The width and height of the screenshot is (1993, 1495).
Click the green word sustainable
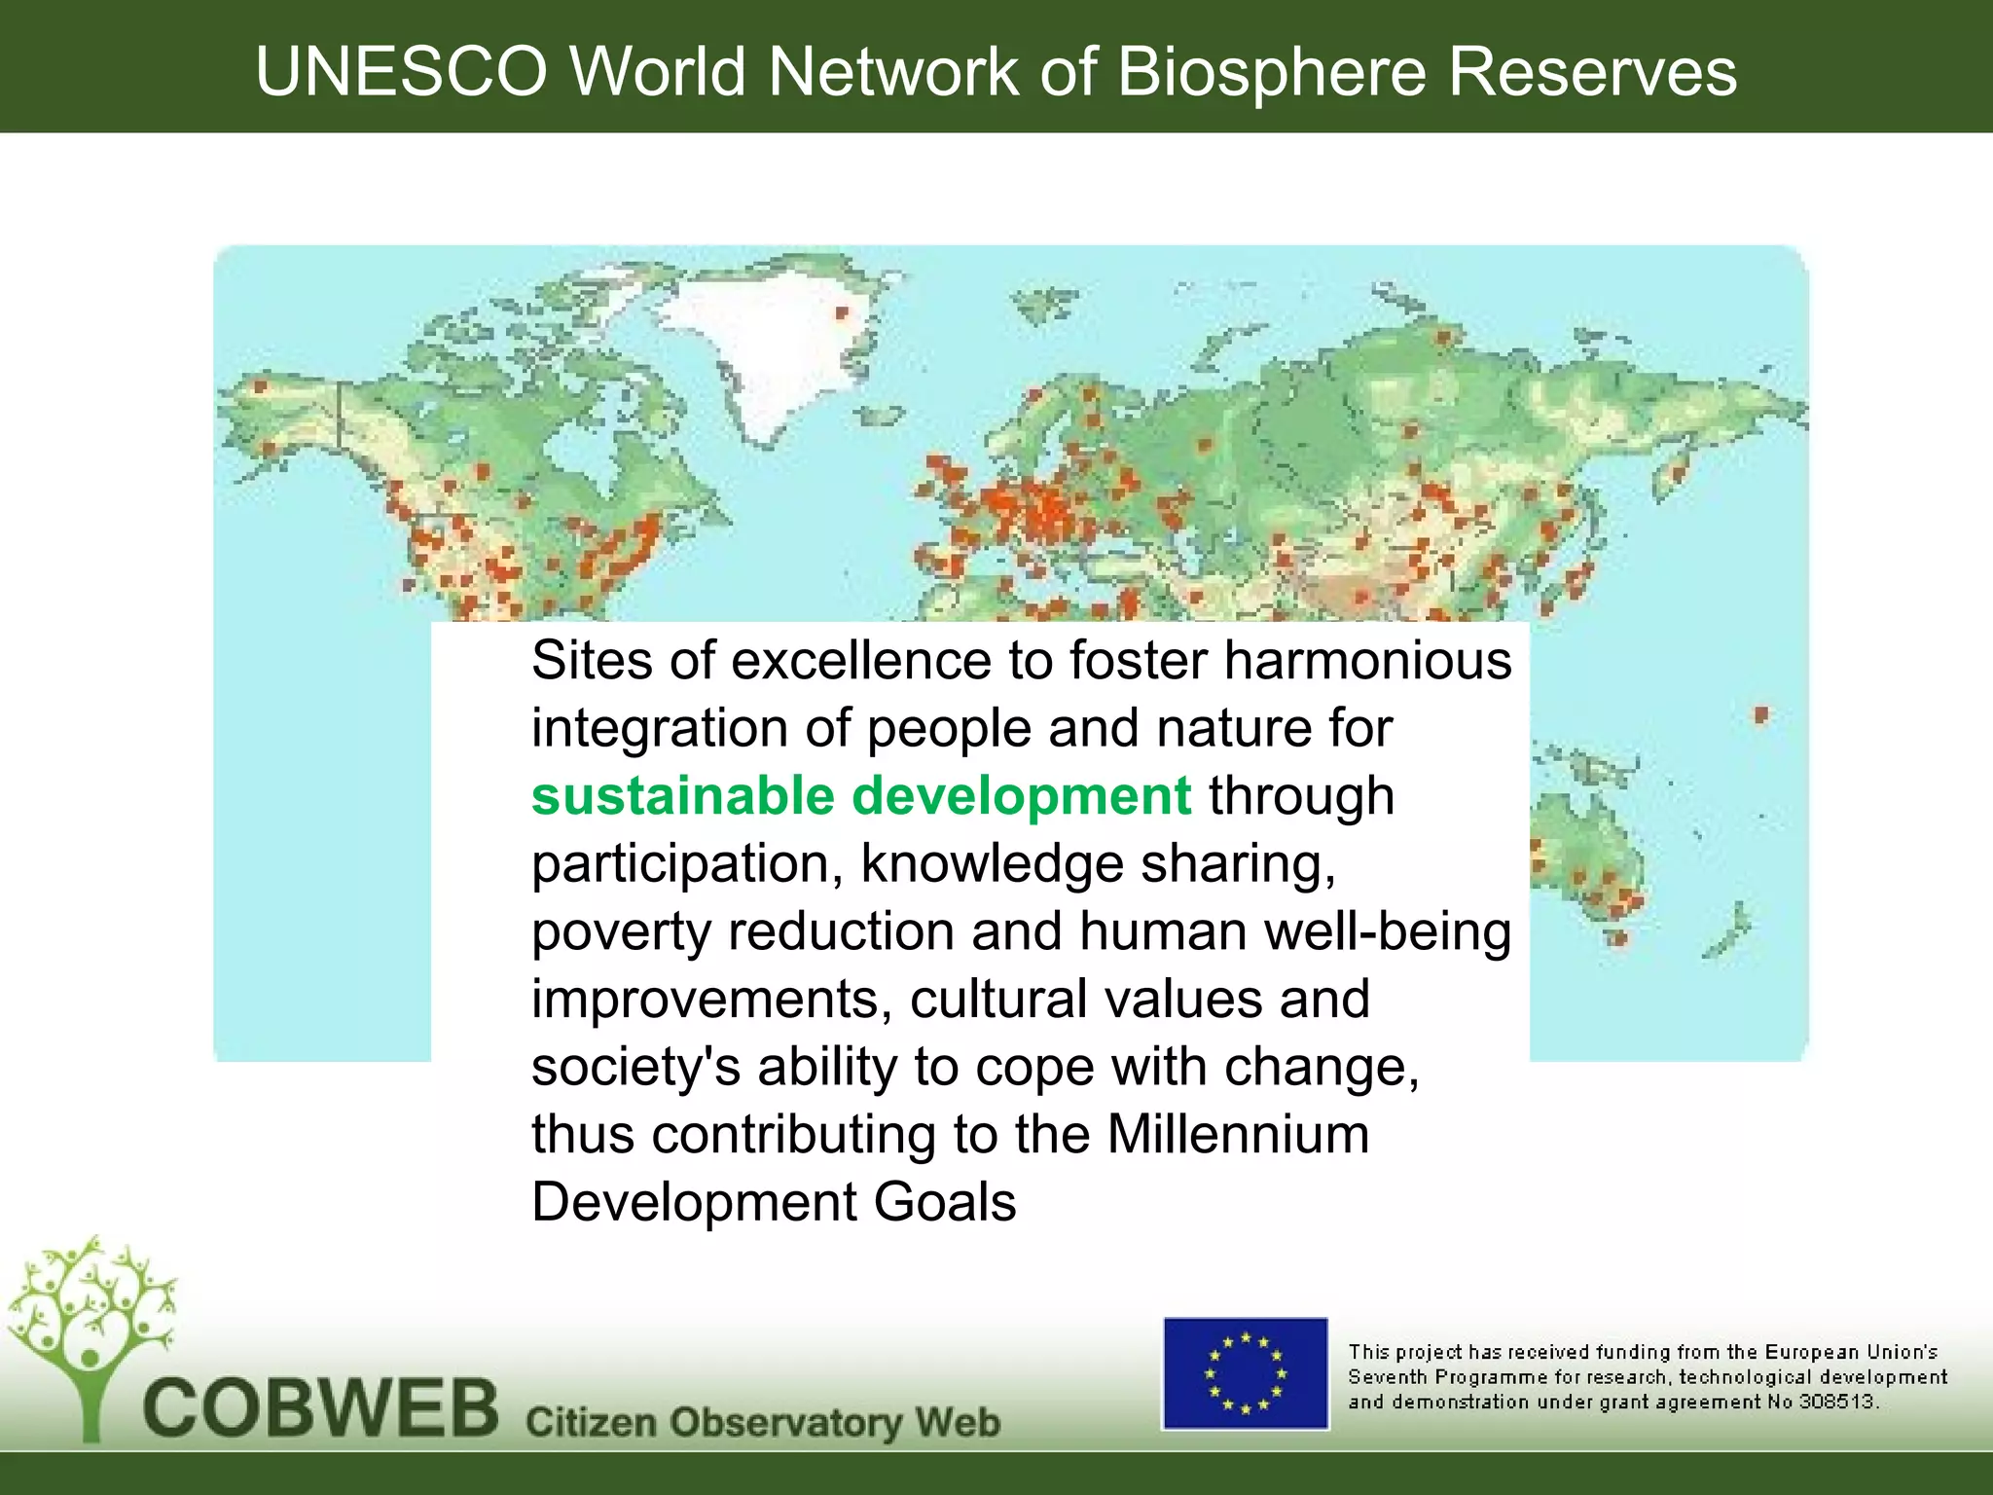tap(683, 795)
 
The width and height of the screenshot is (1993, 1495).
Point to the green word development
tap(1021, 795)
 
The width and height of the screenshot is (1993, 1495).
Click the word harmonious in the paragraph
tap(1367, 661)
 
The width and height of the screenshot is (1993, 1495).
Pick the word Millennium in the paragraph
tap(1238, 1134)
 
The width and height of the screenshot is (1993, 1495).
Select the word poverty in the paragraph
tap(622, 931)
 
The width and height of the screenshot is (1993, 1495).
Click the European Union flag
tap(1246, 1374)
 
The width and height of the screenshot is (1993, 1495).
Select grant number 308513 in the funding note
tap(1837, 1403)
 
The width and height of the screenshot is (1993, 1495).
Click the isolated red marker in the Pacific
tap(1760, 714)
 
